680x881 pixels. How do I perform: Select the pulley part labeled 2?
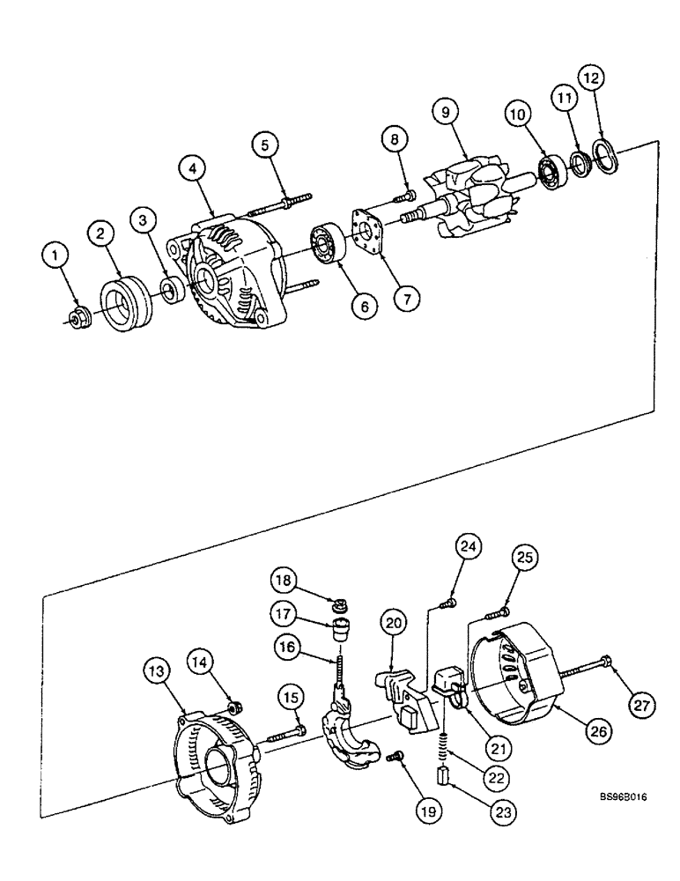123,305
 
